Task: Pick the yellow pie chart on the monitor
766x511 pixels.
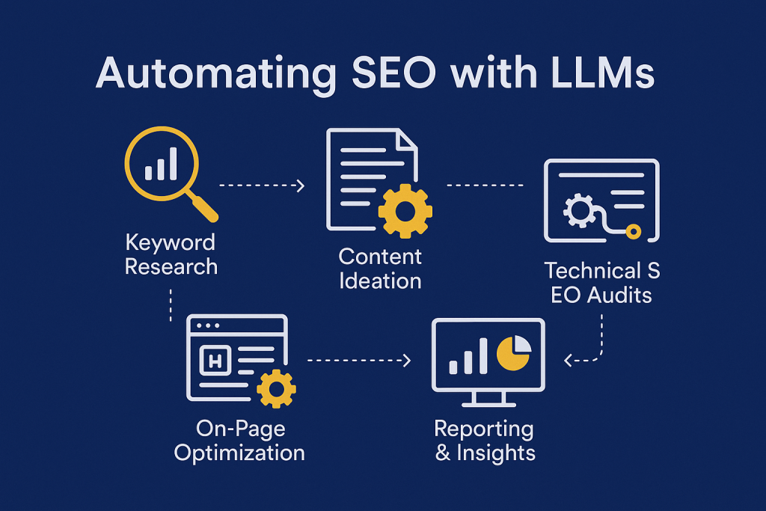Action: click(x=513, y=354)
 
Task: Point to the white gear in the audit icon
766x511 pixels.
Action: click(x=579, y=211)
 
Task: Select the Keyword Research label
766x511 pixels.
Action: click(x=171, y=254)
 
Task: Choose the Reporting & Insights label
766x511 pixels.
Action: click(x=485, y=441)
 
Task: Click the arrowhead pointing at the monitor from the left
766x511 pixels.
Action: click(x=407, y=361)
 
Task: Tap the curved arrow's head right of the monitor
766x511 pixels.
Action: click(x=568, y=361)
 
